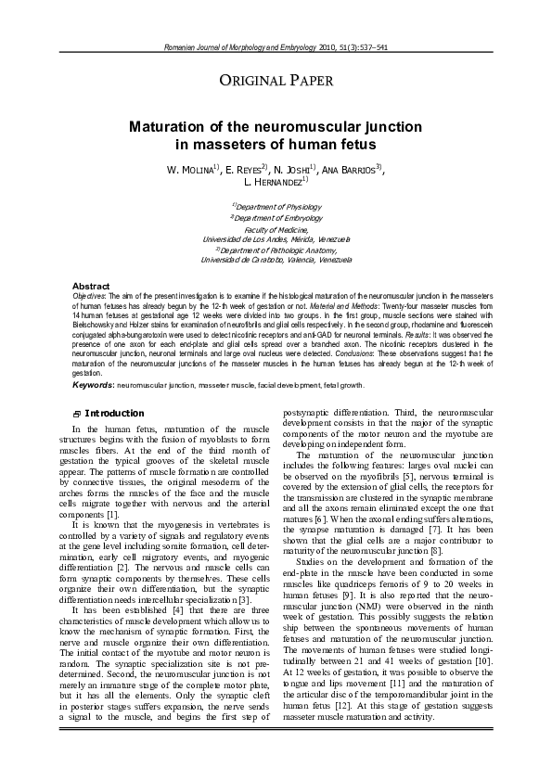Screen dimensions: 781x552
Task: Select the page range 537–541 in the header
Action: (369, 46)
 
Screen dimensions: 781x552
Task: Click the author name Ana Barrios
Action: (351, 171)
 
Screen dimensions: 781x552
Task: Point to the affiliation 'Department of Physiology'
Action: (276, 206)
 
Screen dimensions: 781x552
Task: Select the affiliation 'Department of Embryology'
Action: (276, 217)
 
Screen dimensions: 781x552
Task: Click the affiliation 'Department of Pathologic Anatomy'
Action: (276, 250)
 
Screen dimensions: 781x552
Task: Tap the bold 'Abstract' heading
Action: (91, 286)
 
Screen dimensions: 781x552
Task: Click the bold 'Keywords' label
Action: (93, 384)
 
